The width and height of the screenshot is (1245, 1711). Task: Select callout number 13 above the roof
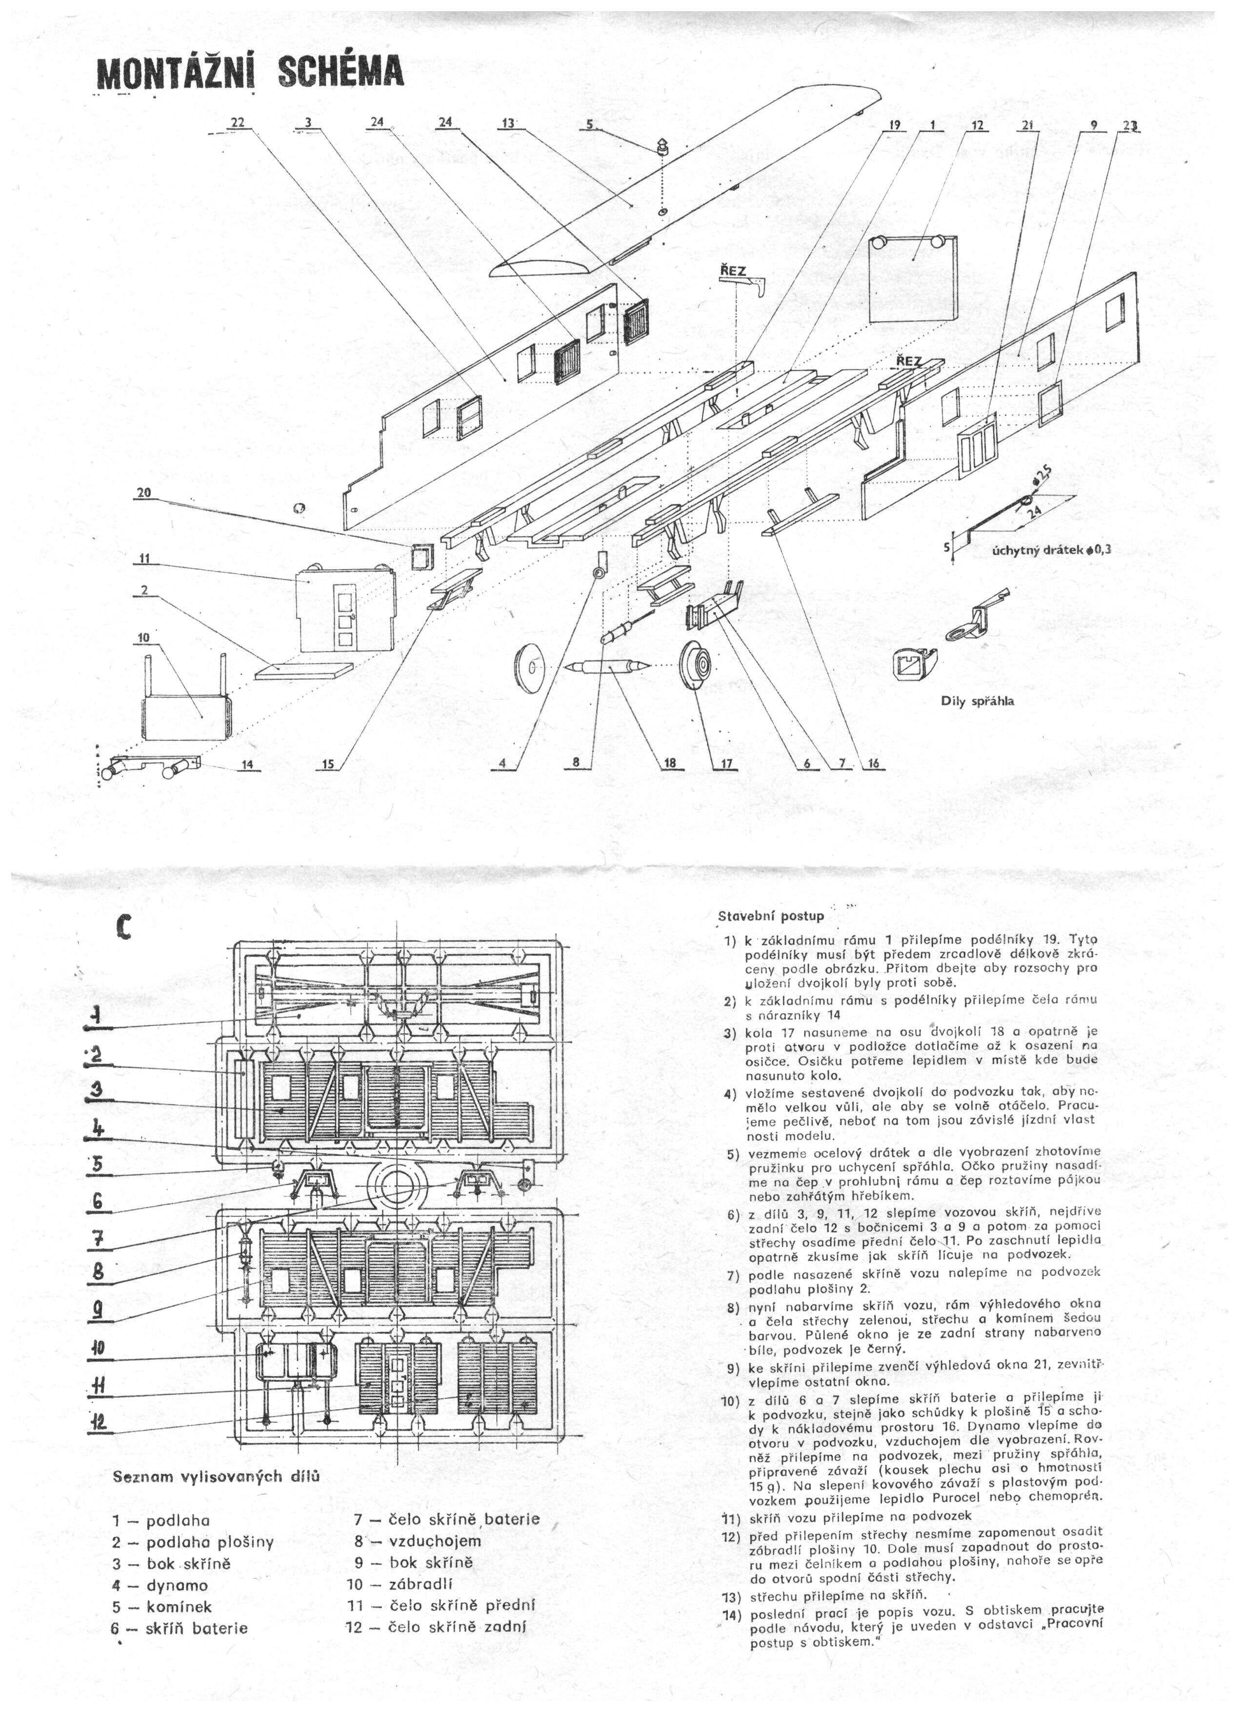[507, 124]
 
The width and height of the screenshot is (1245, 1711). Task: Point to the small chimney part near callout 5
[662, 146]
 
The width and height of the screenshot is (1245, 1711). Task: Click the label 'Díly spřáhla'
[977, 701]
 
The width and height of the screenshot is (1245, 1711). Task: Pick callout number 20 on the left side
[143, 493]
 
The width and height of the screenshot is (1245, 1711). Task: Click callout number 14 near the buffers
[247, 764]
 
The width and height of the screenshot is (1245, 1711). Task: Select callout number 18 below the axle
[669, 763]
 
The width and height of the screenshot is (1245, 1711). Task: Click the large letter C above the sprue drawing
[124, 927]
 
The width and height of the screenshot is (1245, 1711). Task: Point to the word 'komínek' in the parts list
[179, 1585]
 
